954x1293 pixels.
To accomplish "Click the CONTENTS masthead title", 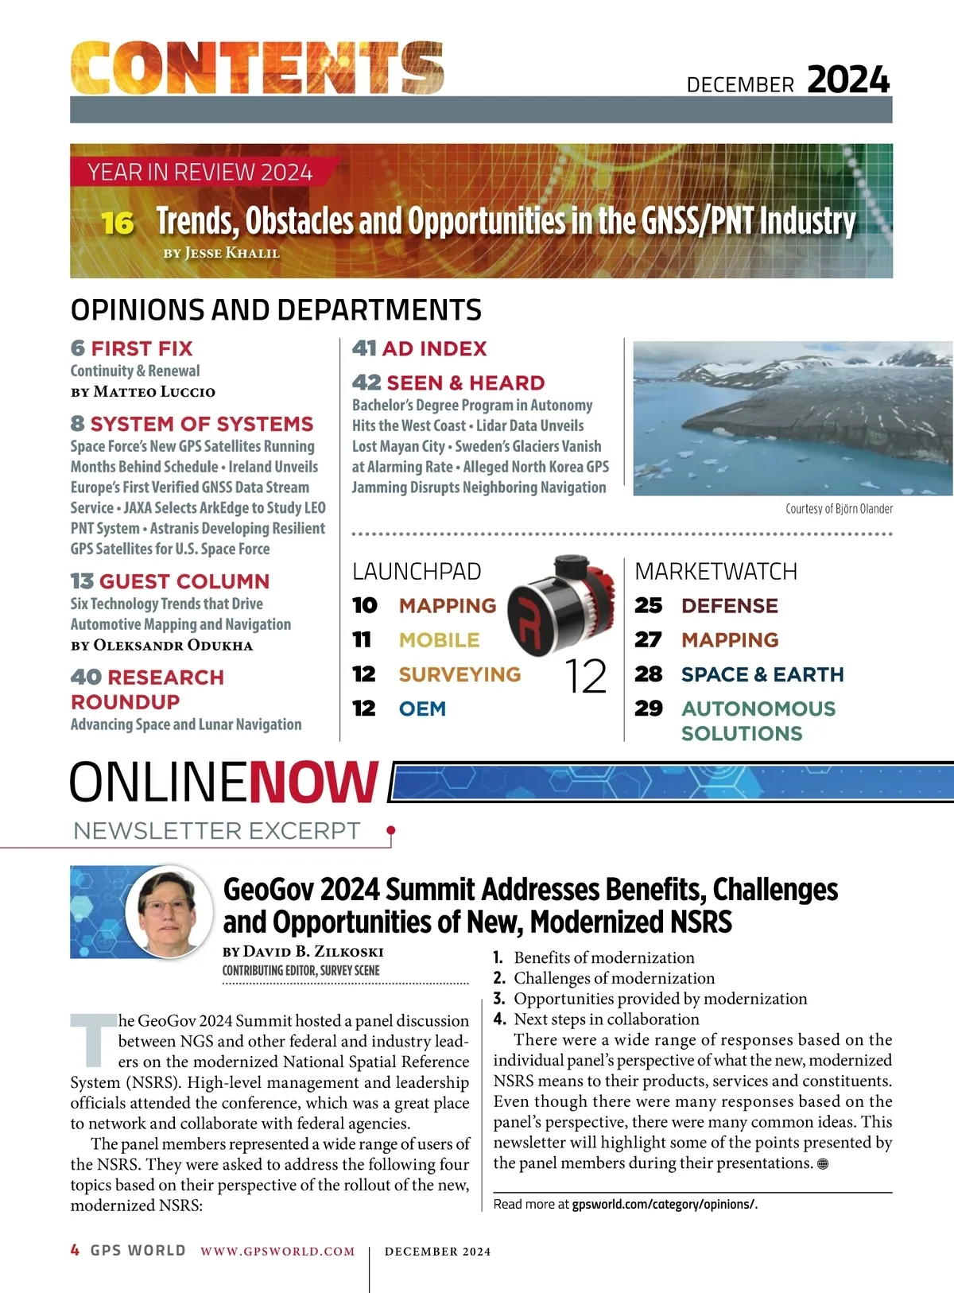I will [257, 68].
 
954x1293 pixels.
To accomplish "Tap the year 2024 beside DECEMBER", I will [848, 80].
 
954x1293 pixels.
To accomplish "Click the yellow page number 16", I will [117, 223].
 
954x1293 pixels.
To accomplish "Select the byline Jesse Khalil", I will [222, 254].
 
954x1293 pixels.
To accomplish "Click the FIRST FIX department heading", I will [142, 348].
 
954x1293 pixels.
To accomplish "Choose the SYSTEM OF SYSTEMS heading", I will [202, 424].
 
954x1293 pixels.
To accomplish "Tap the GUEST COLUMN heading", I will [184, 581].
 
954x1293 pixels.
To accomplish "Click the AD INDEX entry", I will [434, 348].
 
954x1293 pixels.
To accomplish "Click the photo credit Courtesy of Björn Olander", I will [839, 509].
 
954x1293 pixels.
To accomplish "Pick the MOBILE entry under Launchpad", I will [439, 640].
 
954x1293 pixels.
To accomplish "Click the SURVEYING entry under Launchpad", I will [460, 674].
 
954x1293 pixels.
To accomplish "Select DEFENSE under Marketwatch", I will [729, 606].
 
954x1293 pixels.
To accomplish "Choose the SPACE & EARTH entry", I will [762, 674].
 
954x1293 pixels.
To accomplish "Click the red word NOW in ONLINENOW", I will [314, 782].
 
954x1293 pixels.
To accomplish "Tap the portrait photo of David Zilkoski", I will [169, 911].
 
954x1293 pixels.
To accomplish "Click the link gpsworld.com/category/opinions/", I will [664, 1204].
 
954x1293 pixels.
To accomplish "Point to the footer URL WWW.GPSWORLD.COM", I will [277, 1252].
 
